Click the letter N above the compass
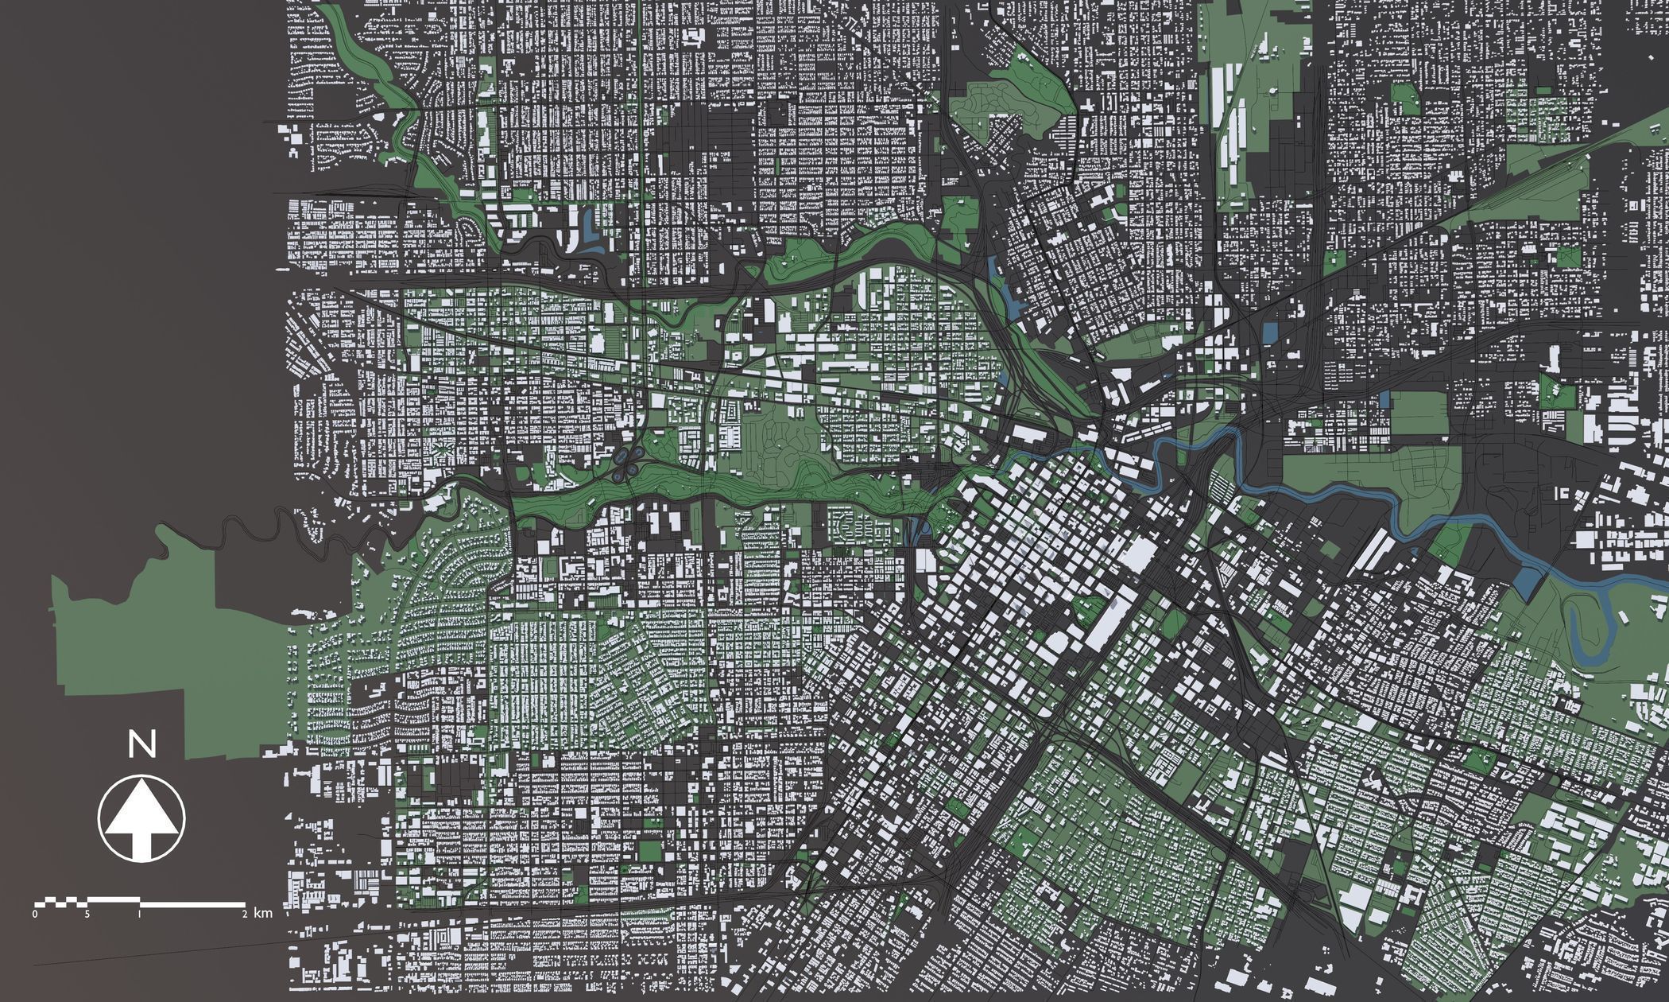pos(142,746)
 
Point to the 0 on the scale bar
pos(35,914)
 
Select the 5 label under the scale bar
pos(87,914)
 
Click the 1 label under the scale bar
pos(140,914)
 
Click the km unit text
pos(264,914)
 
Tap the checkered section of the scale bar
pos(60,902)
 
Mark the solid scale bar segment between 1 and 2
pos(192,903)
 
